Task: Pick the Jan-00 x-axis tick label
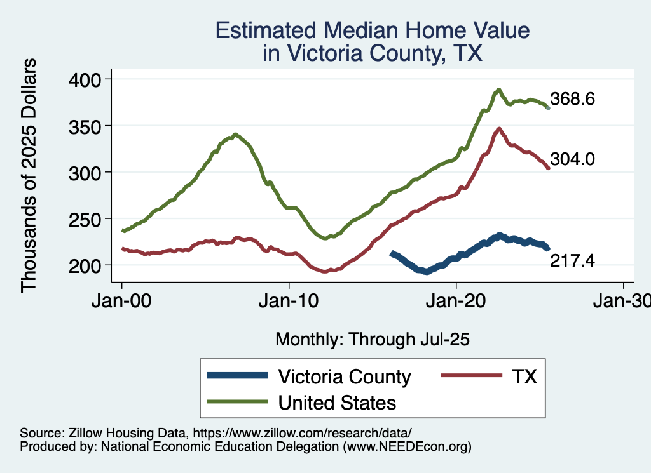(x=122, y=301)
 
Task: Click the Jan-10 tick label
(x=289, y=301)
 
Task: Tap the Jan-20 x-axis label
(x=456, y=301)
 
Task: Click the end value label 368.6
(x=572, y=99)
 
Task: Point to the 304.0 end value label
(x=572, y=159)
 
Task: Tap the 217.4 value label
(x=572, y=260)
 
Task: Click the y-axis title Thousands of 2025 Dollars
(x=29, y=175)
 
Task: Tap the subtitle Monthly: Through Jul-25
(x=372, y=340)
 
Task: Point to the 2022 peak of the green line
(x=499, y=90)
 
